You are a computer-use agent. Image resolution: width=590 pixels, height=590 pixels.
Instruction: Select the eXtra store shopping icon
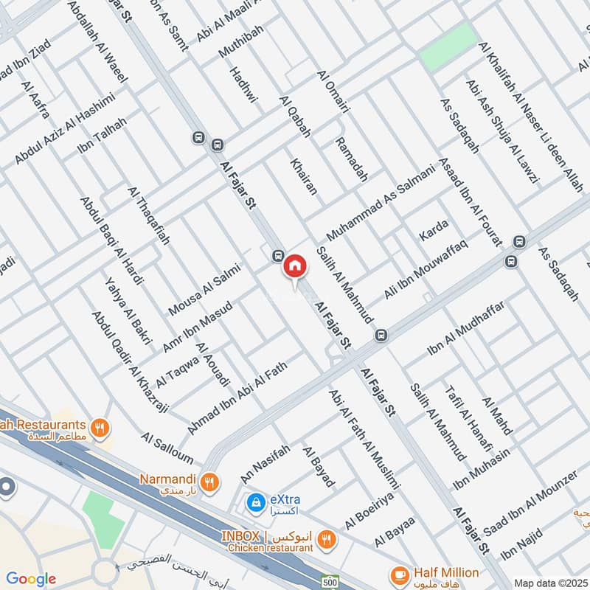point(255,503)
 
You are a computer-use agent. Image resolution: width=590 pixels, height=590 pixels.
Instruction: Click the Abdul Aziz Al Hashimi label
point(65,129)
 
